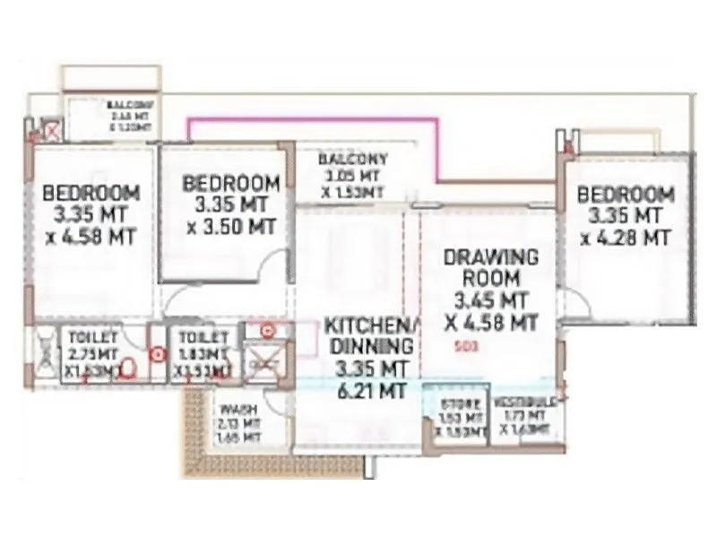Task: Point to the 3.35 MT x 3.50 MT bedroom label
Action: click(x=230, y=204)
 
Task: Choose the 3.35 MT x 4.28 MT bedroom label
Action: click(x=625, y=215)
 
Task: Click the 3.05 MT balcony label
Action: click(x=352, y=176)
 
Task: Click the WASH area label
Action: click(x=238, y=422)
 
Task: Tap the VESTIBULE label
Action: click(x=525, y=414)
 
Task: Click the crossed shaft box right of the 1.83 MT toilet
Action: click(x=263, y=363)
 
